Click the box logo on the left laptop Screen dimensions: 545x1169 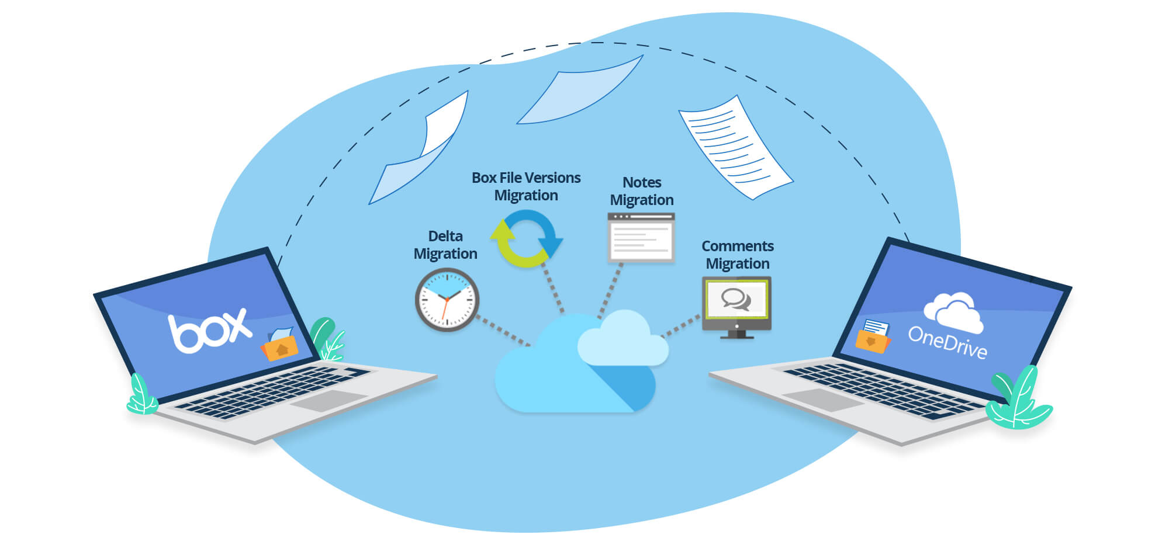coord(209,331)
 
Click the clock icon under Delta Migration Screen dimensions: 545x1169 coord(447,300)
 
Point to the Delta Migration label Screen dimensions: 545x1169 coord(445,245)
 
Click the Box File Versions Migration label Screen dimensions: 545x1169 coord(526,186)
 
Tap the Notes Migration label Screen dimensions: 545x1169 coord(642,191)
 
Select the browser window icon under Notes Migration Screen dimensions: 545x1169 coord(641,237)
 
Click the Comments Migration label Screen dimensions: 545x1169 coord(738,255)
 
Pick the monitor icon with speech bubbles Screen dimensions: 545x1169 coord(736,305)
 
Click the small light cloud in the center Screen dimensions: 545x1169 coord(623,342)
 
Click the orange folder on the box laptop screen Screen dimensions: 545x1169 coord(280,348)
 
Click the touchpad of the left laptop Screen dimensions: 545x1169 coord(329,401)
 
